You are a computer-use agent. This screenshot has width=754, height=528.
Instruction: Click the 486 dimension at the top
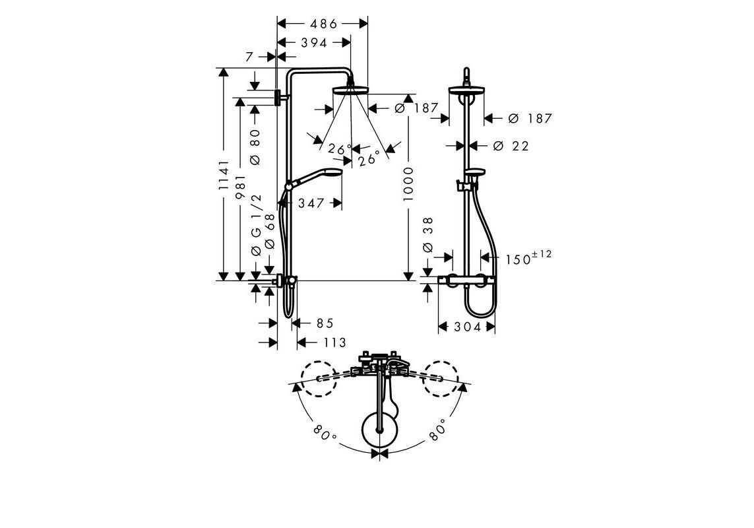pyautogui.click(x=324, y=24)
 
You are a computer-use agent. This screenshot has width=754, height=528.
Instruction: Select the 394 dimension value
pyautogui.click(x=314, y=43)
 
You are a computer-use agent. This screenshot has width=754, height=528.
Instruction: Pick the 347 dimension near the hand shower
pyautogui.click(x=311, y=203)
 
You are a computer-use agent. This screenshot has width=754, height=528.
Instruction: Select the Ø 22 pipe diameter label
pyautogui.click(x=511, y=146)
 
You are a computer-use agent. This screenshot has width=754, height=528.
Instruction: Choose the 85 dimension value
pyautogui.click(x=325, y=323)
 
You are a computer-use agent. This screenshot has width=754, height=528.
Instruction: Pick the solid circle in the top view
pyautogui.click(x=381, y=430)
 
